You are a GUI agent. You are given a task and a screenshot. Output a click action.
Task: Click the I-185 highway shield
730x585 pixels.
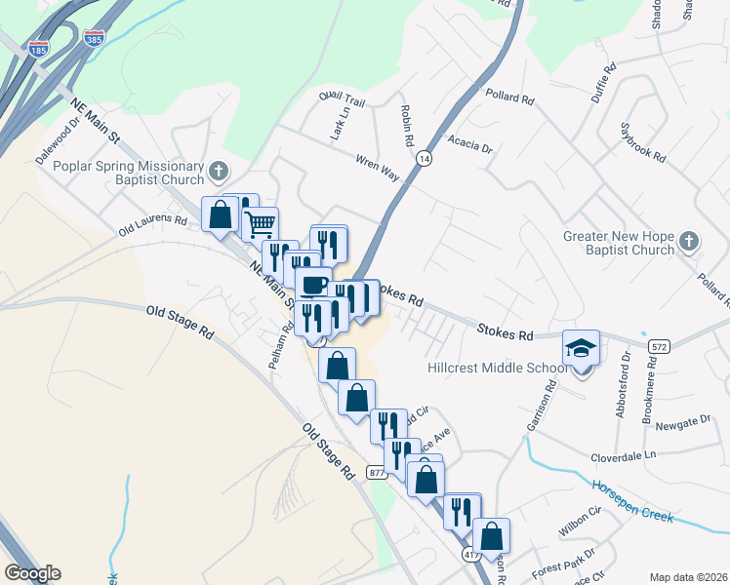click(x=39, y=49)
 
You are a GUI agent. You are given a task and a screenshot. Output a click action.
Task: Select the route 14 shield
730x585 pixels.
click(x=424, y=157)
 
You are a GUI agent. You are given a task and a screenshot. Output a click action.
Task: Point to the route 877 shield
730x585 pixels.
click(x=378, y=472)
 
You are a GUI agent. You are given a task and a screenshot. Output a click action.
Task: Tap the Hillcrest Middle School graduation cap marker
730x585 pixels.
click(x=581, y=347)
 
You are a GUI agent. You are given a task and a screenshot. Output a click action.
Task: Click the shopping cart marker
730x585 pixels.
click(x=261, y=223)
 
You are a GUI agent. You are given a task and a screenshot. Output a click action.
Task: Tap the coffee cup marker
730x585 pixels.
click(x=313, y=284)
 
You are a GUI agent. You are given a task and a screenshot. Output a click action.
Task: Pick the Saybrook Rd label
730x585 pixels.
click(x=643, y=142)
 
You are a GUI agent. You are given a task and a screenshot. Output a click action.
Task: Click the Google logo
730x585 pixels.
click(x=33, y=573)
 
